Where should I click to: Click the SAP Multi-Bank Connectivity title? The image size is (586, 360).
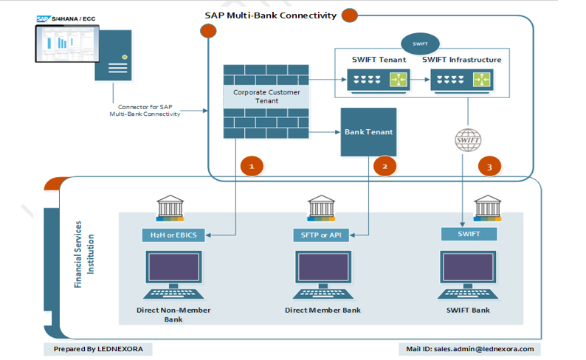(270, 15)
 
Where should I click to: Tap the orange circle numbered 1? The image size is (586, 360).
(252, 167)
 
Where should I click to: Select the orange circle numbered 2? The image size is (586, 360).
(385, 167)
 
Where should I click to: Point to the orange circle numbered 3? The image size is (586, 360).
(489, 167)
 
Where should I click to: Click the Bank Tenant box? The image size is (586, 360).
(368, 132)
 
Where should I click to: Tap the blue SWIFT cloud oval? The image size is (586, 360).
(420, 44)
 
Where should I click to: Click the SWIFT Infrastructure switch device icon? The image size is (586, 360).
(462, 79)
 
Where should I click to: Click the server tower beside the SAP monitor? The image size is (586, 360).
(112, 56)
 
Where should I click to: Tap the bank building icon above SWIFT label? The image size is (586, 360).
(487, 208)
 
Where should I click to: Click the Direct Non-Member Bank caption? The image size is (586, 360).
(173, 314)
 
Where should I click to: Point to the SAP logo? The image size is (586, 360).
(43, 20)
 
